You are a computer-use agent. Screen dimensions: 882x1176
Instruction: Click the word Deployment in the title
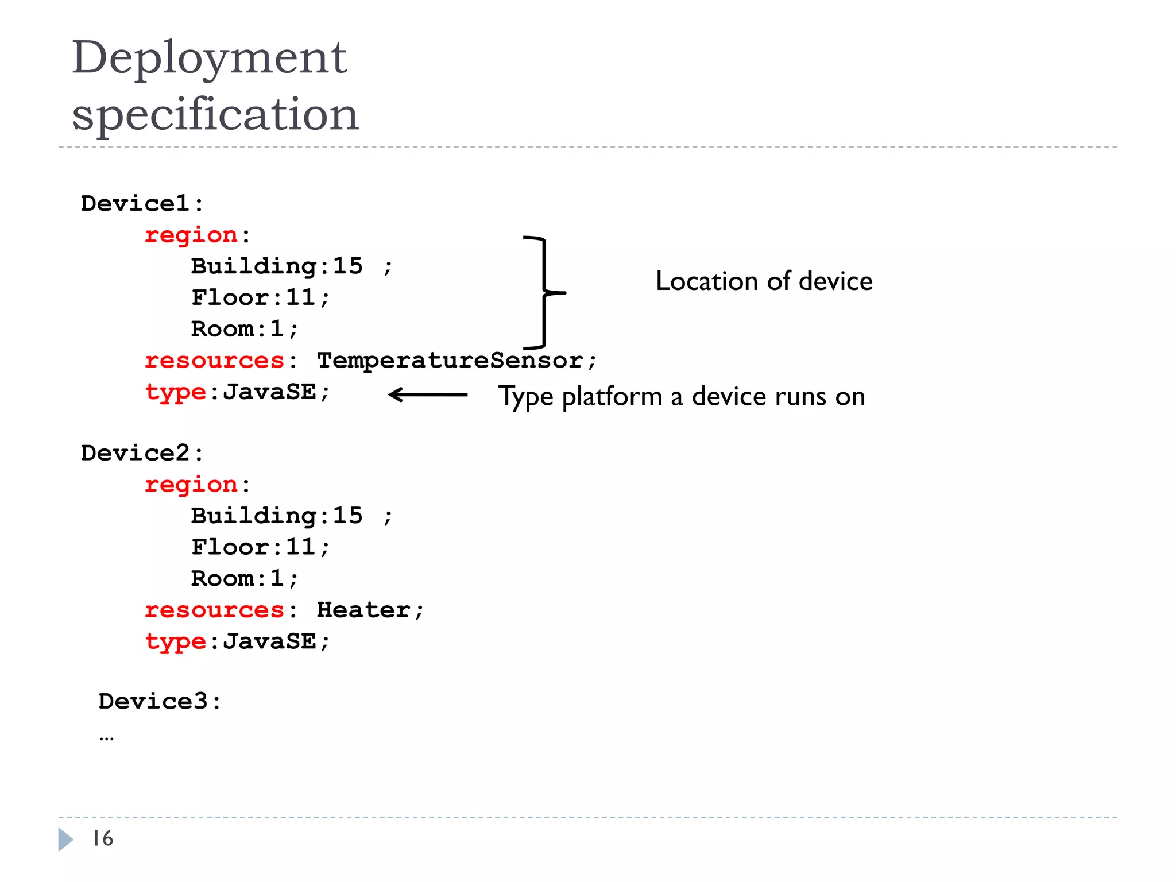point(209,59)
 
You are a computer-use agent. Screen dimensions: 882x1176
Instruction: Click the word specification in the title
point(215,114)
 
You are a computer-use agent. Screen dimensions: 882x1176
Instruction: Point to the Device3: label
point(159,701)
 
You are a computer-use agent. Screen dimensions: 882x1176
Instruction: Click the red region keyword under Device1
point(191,235)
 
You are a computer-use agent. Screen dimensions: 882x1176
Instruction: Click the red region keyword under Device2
point(191,485)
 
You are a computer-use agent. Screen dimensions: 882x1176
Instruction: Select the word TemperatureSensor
point(450,361)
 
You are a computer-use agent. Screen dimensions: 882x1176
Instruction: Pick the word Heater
point(364,610)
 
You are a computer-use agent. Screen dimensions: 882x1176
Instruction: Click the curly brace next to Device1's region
point(544,292)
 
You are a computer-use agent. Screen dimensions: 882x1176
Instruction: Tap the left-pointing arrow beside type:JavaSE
point(428,394)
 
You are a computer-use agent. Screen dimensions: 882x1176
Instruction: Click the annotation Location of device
point(764,281)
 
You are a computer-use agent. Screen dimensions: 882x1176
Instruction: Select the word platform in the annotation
point(612,397)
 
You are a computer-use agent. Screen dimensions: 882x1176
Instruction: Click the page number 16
point(103,838)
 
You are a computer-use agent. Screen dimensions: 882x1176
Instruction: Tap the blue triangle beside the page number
point(65,839)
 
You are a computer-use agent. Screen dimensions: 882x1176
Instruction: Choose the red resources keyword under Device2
point(214,610)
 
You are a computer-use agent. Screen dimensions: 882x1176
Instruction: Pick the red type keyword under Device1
point(175,393)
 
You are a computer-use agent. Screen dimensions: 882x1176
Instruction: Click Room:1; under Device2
point(245,578)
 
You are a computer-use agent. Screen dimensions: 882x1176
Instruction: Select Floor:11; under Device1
point(260,297)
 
